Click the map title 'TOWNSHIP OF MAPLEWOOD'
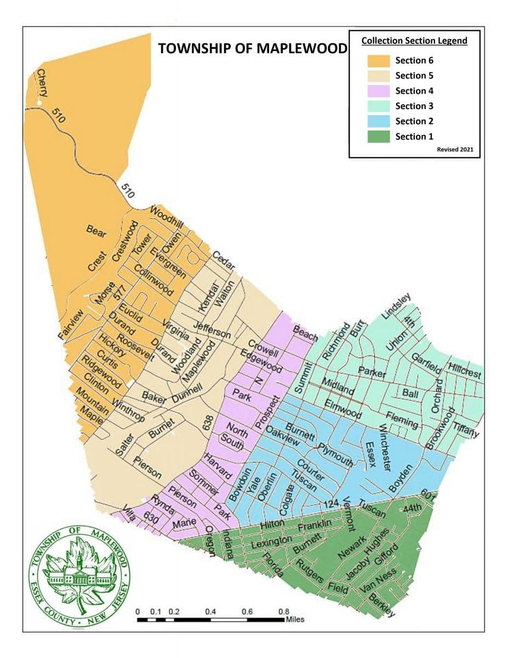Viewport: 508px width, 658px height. [253, 48]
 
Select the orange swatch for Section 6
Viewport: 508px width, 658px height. [378, 60]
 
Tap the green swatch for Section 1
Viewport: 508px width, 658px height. [378, 137]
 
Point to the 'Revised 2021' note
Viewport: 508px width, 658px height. [455, 149]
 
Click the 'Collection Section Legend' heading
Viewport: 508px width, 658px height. [414, 41]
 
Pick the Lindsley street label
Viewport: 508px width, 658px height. [396, 307]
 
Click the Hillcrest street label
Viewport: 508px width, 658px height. [465, 371]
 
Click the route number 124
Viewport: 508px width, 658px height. [332, 503]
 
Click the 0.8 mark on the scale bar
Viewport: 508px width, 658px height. [283, 611]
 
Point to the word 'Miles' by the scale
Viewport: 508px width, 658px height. [294, 620]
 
